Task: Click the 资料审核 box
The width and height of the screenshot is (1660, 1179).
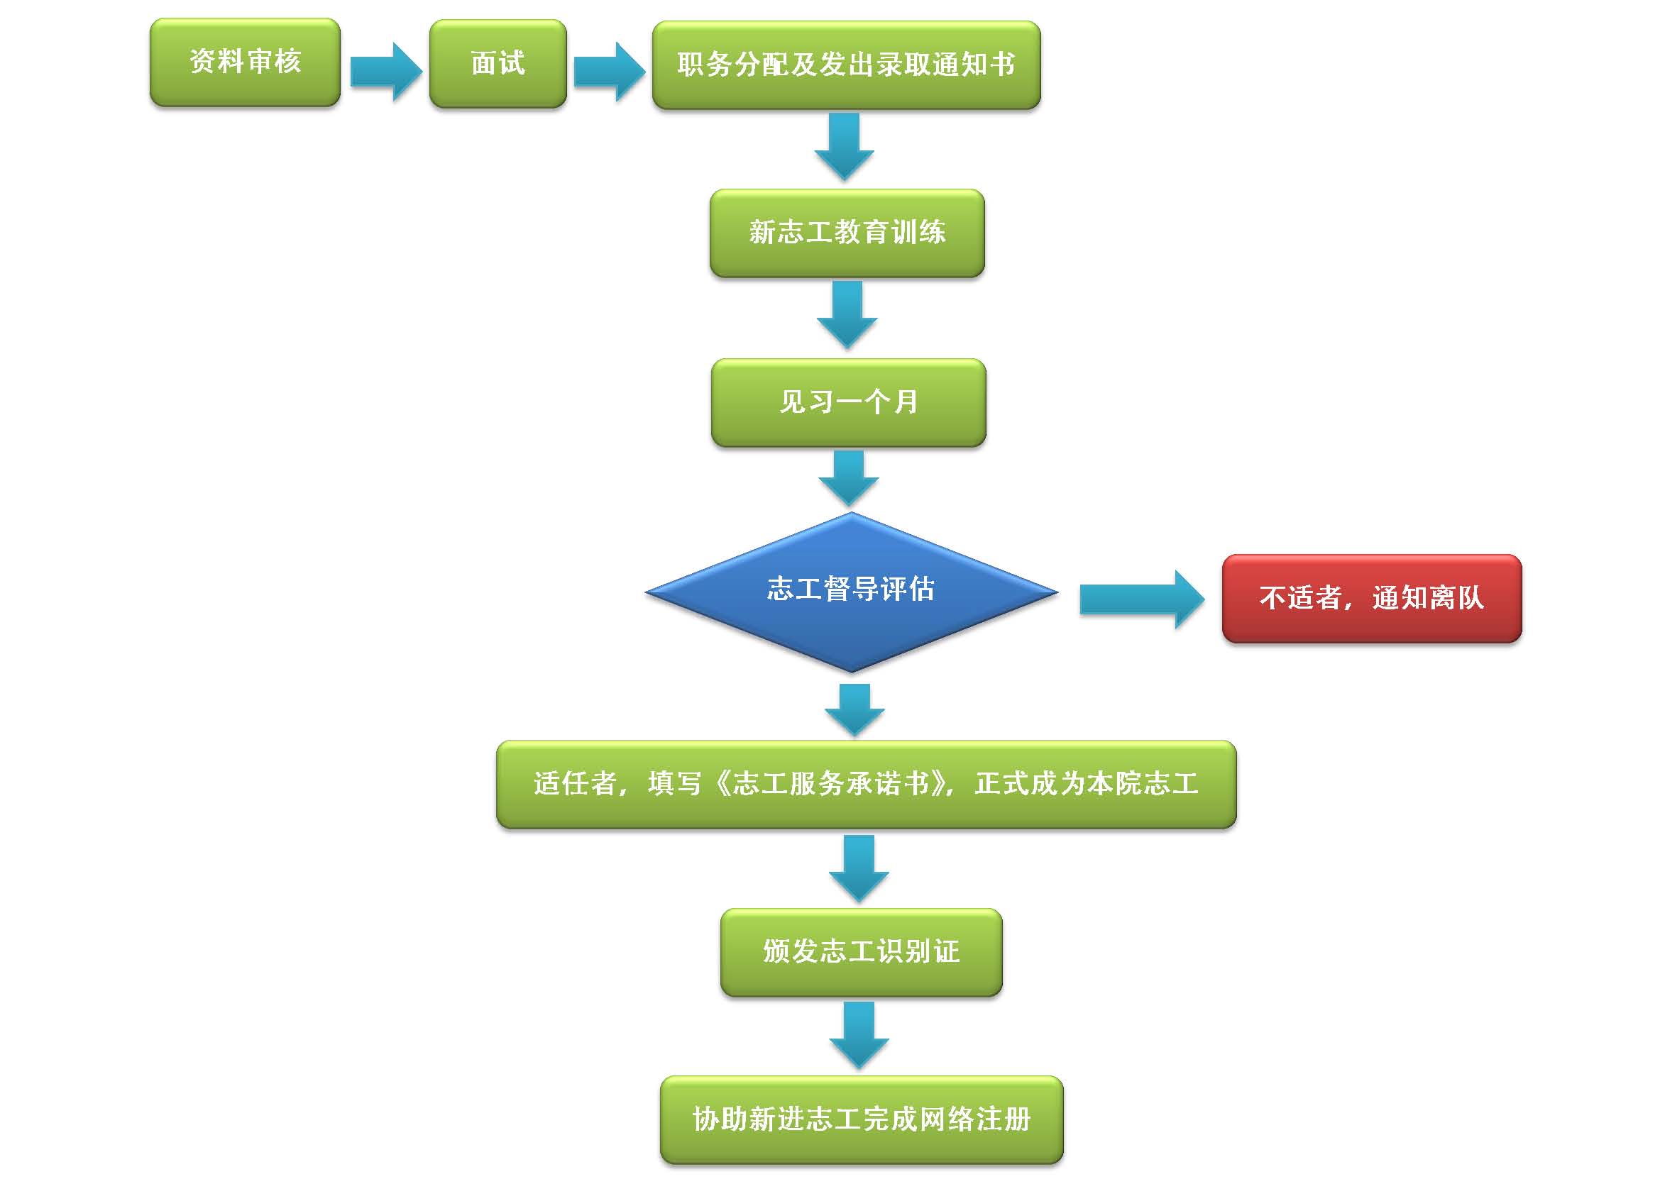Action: click(x=245, y=62)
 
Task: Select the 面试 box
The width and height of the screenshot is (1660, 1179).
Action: click(x=498, y=64)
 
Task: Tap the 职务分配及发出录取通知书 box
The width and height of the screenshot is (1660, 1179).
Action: click(x=846, y=65)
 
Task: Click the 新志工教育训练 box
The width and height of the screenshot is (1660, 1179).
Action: click(x=847, y=233)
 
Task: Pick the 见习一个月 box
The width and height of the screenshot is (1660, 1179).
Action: click(x=848, y=402)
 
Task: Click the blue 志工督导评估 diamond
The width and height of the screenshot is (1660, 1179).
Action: click(x=851, y=592)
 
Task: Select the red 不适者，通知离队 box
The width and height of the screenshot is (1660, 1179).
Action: click(x=1371, y=598)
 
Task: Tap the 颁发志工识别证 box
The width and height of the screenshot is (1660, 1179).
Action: click(x=861, y=952)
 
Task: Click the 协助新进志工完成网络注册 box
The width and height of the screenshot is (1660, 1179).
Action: click(x=861, y=1119)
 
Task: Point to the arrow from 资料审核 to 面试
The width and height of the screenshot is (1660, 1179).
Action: click(x=385, y=71)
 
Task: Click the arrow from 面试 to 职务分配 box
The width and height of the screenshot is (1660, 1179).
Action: click(x=608, y=71)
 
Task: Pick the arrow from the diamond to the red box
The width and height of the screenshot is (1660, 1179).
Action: click(x=1140, y=599)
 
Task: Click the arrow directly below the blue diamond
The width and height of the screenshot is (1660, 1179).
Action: click(x=854, y=709)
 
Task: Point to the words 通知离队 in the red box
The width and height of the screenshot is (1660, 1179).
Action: click(x=1428, y=598)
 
